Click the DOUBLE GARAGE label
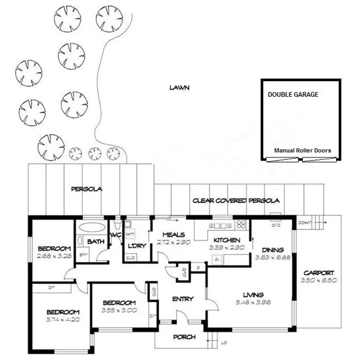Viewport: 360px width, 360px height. pos(293,95)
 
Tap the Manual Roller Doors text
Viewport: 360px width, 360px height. pos(302,151)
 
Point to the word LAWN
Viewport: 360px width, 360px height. pos(180,88)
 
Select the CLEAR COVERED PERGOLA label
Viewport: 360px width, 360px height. pos(236,201)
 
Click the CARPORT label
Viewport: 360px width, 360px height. pos(319,272)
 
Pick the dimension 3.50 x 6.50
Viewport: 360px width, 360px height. pos(319,281)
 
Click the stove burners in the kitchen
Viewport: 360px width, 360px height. pos(241,225)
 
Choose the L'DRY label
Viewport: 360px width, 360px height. pos(136,245)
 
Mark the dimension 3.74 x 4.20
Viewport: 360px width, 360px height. pos(62,319)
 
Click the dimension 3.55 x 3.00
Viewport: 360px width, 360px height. pos(119,310)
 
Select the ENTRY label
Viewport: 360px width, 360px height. pos(183,299)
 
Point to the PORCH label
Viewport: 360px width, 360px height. pos(184,337)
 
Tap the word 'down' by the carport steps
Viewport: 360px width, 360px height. pos(304,222)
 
